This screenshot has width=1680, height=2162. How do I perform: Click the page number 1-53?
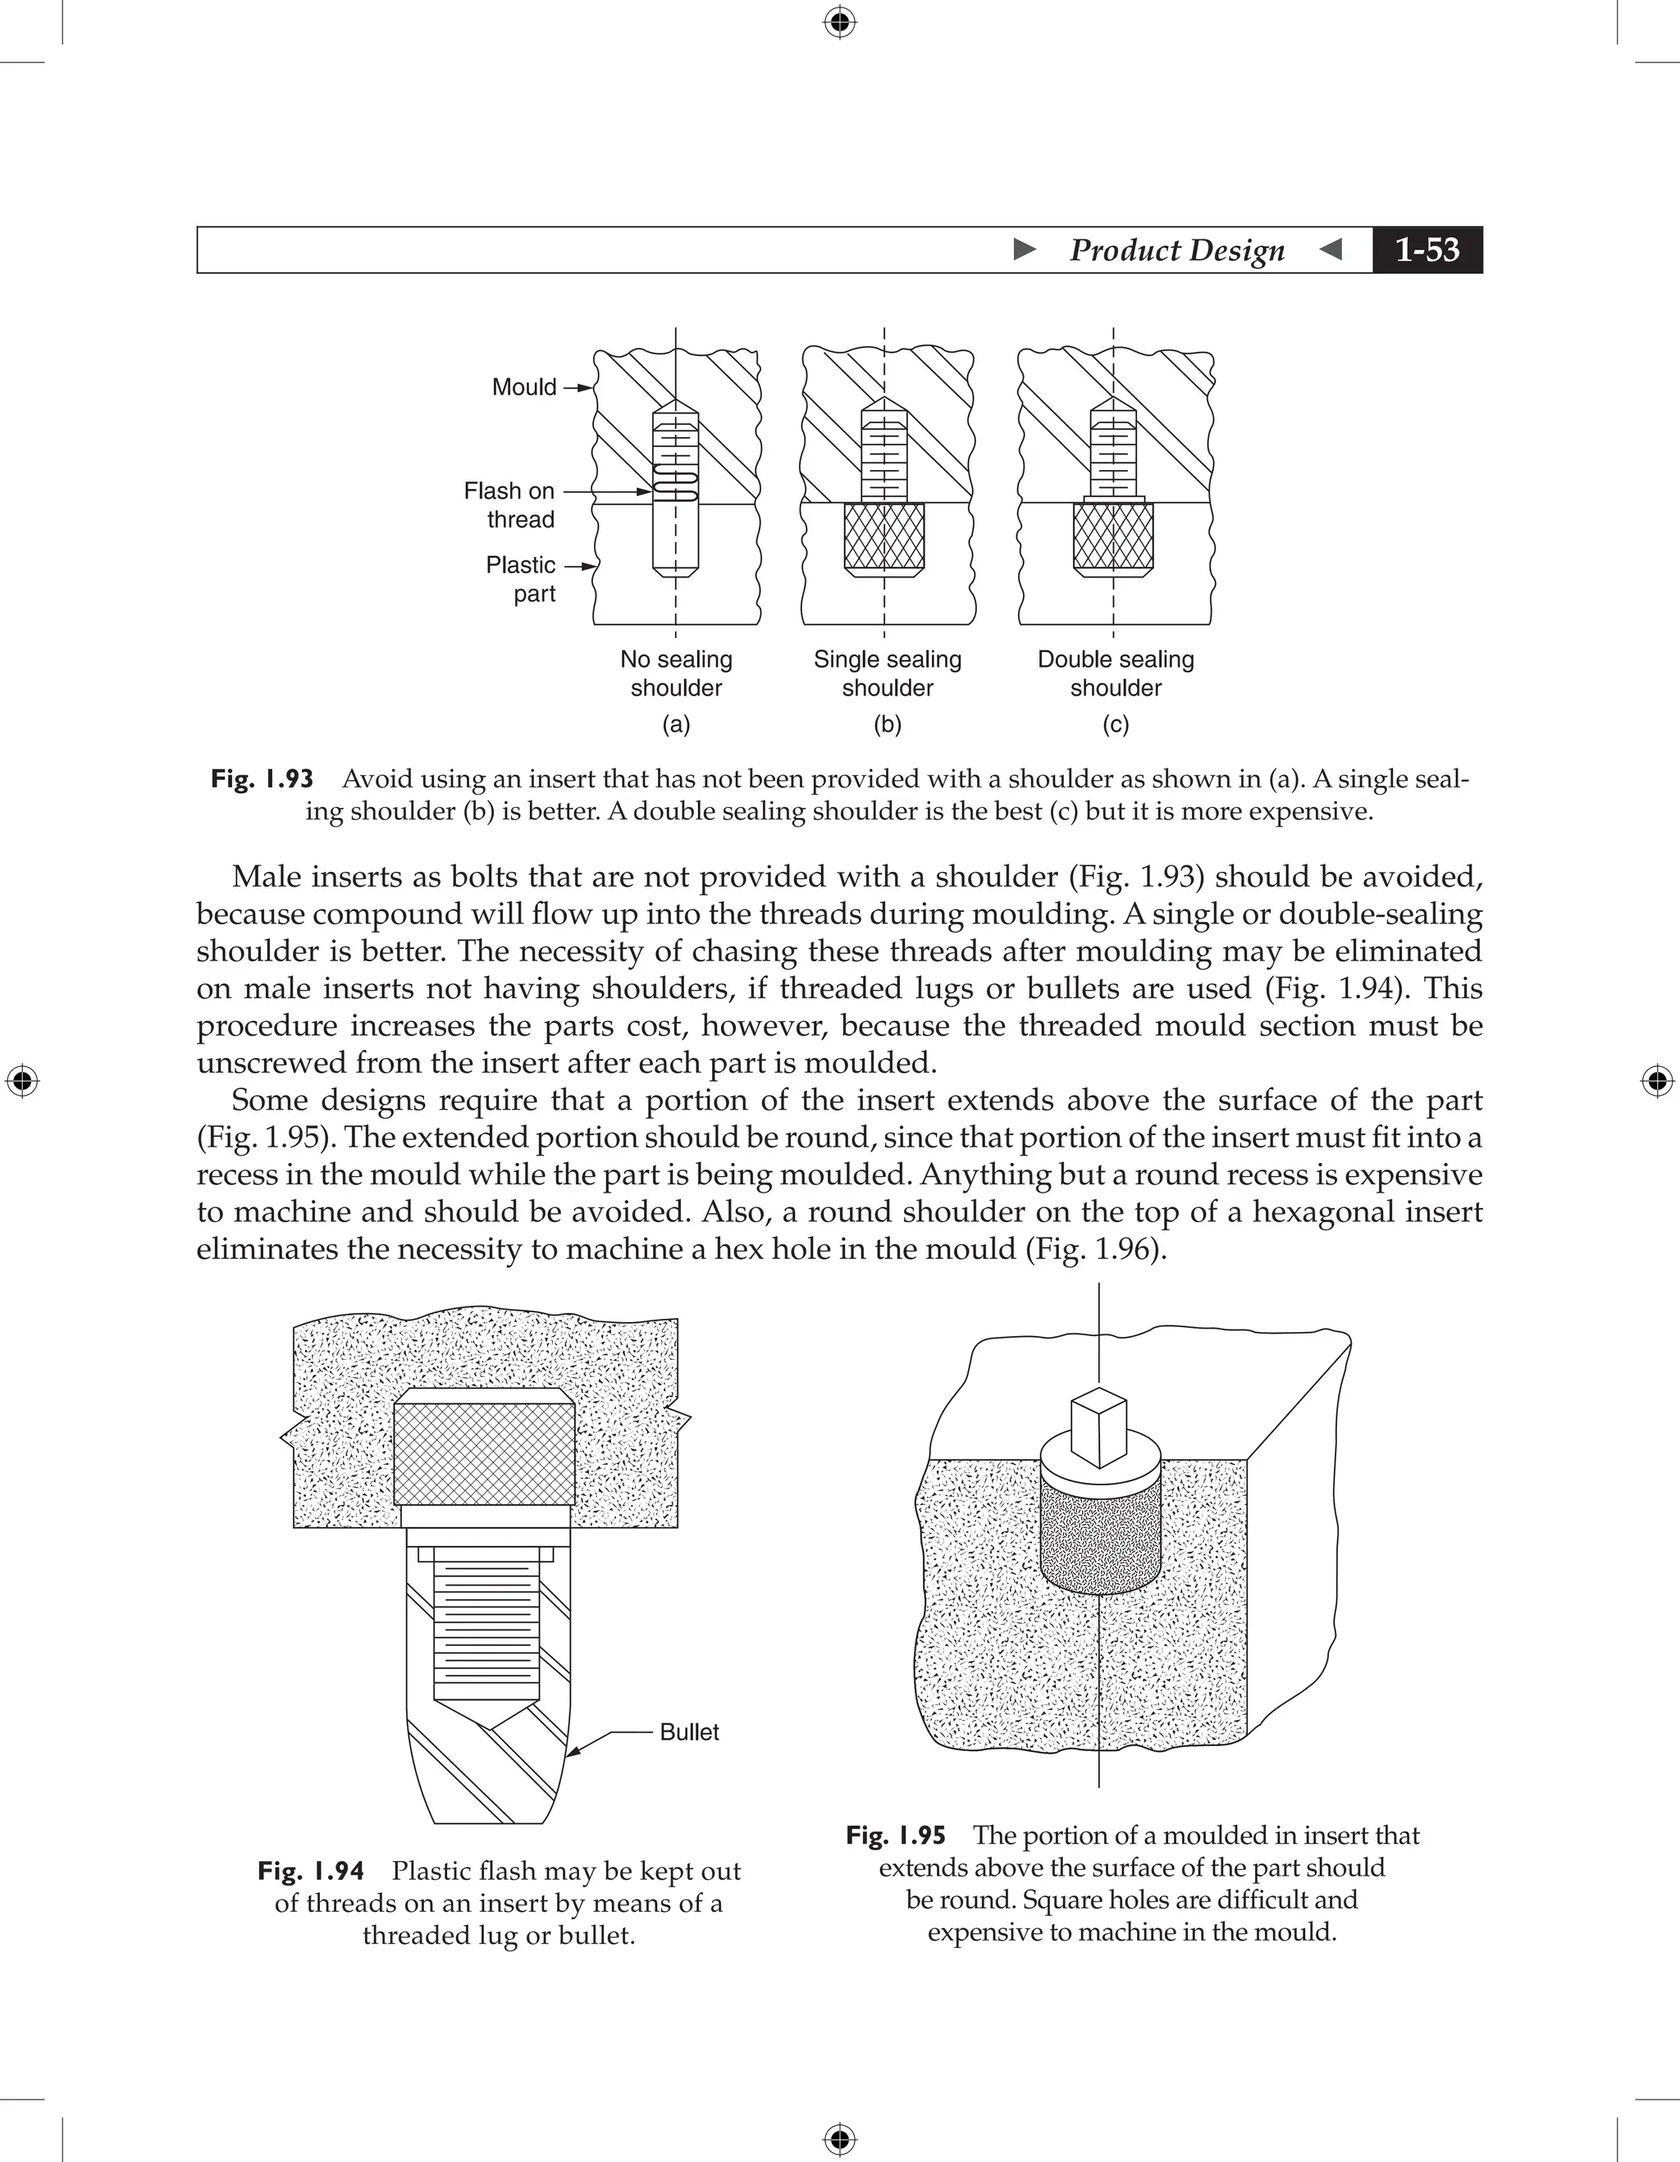point(1427,249)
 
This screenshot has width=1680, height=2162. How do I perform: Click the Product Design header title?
point(1176,250)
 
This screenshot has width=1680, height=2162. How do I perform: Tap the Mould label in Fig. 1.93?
point(523,387)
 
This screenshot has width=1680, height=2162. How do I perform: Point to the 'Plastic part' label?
point(521,579)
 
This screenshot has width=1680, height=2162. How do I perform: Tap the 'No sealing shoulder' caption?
point(676,673)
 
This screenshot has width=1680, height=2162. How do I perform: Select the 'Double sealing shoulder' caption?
point(1116,673)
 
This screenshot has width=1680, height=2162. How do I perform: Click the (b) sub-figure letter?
point(887,724)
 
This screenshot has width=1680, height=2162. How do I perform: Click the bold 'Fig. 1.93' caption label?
point(262,779)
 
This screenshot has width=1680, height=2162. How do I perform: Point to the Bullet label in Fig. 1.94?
point(689,1731)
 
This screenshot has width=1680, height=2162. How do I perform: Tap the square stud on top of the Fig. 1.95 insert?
point(1099,1429)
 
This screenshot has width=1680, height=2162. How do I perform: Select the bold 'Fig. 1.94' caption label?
point(311,1871)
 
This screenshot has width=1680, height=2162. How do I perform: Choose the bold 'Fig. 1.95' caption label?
point(896,1836)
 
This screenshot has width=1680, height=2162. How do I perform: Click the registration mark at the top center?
point(839,22)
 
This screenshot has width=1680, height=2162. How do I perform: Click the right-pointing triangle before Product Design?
point(1025,249)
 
